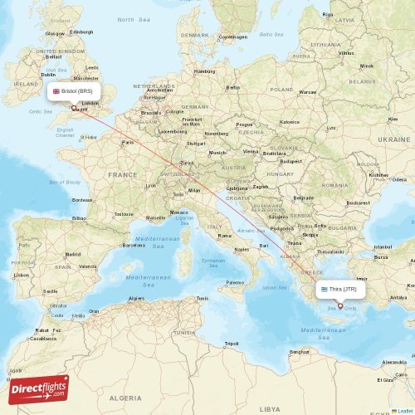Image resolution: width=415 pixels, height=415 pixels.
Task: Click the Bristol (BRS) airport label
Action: coord(76,90)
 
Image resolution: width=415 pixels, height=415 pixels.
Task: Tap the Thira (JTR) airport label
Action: coord(339,290)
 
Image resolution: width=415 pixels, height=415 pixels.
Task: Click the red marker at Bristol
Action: coord(75,107)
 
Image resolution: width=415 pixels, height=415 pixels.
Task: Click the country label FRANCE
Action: coord(122,175)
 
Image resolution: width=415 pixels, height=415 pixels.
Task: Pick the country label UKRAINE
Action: coord(394,139)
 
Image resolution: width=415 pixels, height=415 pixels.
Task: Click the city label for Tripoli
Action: coord(232,343)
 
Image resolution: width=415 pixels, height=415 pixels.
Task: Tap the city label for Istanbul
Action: coord(383,247)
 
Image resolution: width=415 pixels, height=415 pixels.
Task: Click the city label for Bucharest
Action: coord(359,203)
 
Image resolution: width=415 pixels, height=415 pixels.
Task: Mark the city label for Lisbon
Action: coord(20,274)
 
